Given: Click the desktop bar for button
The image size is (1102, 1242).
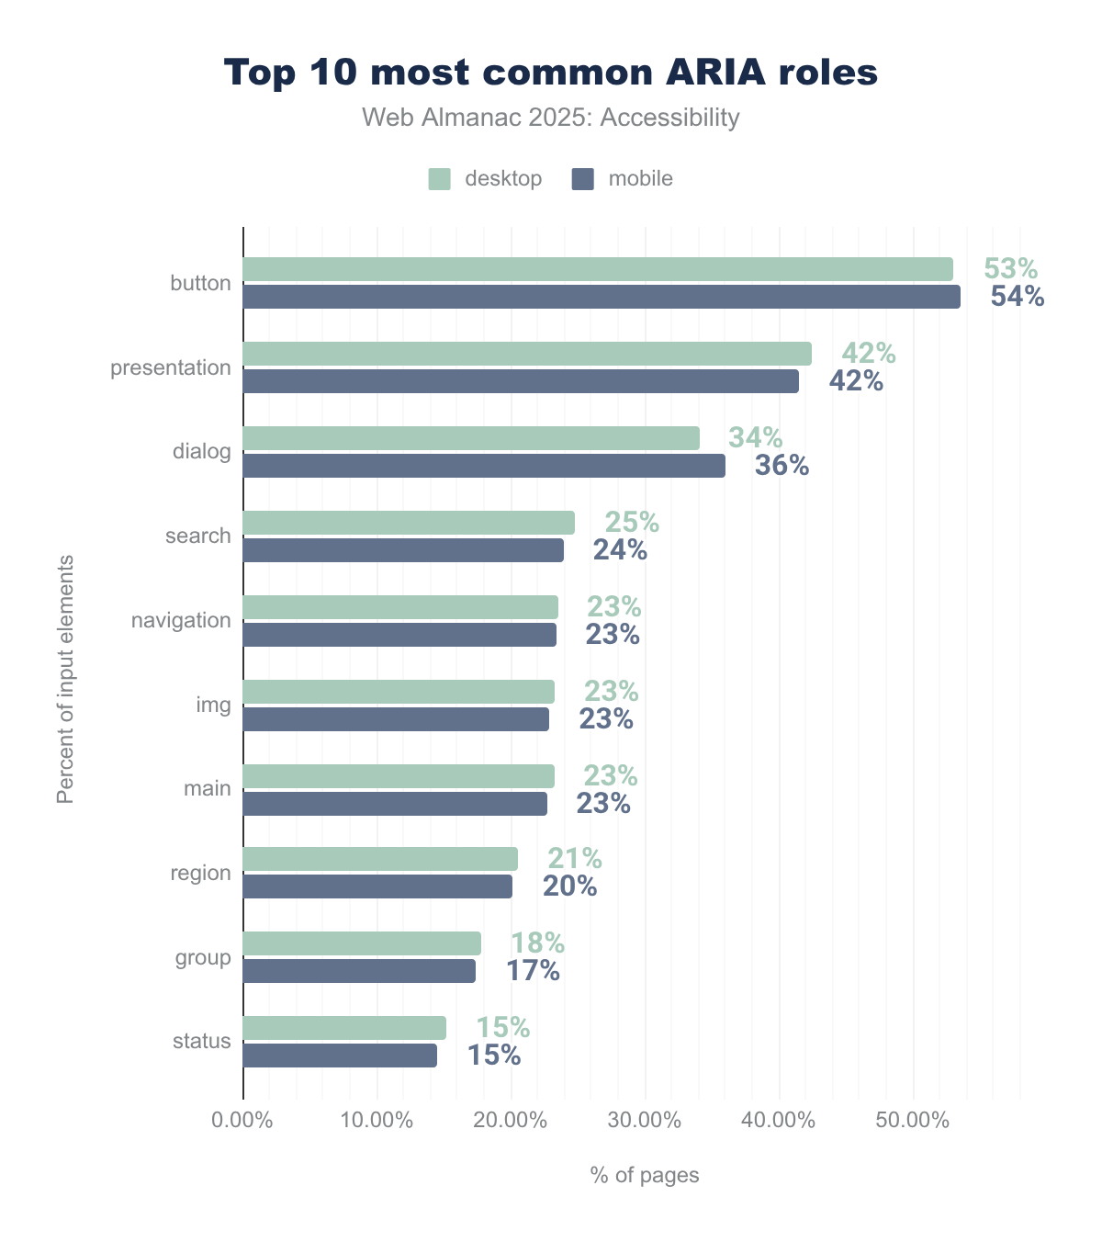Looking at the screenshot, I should point(597,269).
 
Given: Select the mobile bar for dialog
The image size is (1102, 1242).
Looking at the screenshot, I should point(484,466).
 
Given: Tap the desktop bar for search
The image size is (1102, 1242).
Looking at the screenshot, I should point(409,523).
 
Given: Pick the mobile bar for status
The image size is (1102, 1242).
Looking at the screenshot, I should point(340,1056).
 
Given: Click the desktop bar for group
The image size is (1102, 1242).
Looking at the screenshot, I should point(362,943).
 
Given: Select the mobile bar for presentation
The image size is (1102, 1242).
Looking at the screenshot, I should point(521,381).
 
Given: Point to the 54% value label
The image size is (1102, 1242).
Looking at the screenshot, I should point(1018,297).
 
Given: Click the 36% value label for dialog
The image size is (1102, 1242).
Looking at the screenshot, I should point(782,466).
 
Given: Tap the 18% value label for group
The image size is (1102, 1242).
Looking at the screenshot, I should point(537,943).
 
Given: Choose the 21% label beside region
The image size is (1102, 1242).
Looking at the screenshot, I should point(575,859).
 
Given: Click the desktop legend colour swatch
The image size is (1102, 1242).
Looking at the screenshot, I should point(439,179).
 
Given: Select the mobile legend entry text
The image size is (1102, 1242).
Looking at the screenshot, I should point(640,179).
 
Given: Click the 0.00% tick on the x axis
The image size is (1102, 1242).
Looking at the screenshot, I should point(242,1122).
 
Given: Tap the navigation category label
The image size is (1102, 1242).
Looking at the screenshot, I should point(181,620).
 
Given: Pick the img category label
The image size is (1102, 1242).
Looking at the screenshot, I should point(213,705).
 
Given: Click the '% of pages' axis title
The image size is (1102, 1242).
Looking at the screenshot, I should point(645,1175).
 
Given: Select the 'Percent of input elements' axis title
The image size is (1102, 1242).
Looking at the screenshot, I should point(65,679).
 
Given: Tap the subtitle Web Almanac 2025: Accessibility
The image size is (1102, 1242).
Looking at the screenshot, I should point(551,118).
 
